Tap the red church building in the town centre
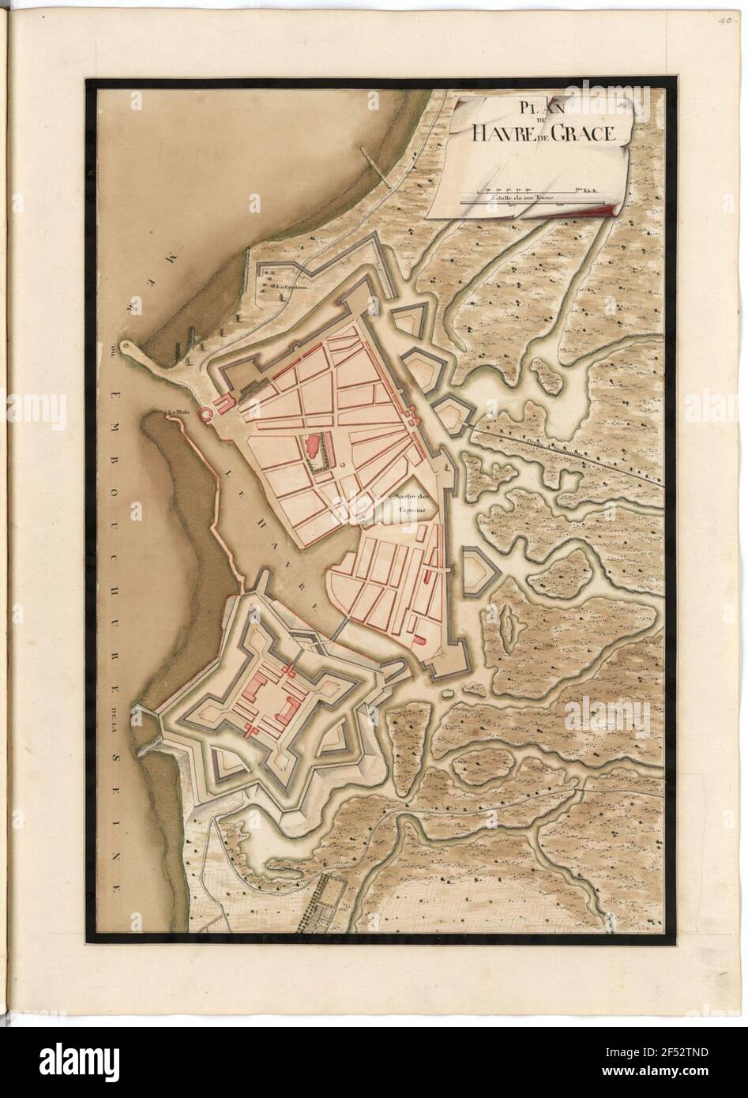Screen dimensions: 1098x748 click(310, 448)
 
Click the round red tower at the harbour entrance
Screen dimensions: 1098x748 click(206, 413)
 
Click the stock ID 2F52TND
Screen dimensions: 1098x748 click(697, 1075)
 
